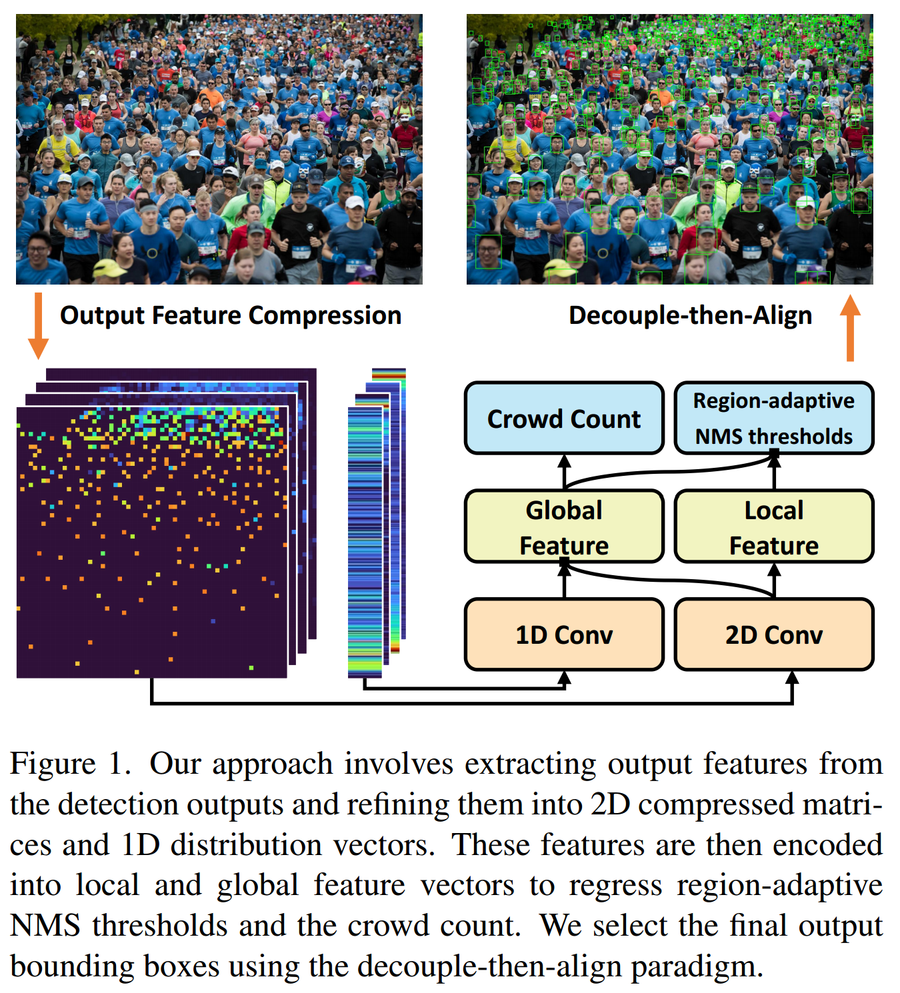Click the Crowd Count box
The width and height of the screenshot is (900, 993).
click(564, 419)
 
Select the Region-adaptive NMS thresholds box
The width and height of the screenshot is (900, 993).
click(773, 419)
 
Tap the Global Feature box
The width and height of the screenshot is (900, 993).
click(564, 527)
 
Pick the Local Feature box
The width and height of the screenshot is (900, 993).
click(773, 527)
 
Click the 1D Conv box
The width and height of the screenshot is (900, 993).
click(564, 634)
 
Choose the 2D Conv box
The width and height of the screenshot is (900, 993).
click(773, 634)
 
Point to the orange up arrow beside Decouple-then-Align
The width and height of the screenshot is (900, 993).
click(850, 328)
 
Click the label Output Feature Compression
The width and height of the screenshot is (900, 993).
click(231, 315)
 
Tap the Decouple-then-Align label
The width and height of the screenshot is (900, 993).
click(690, 315)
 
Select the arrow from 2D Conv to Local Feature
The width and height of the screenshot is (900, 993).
click(774, 580)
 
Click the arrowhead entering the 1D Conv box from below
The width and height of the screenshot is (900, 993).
click(564, 678)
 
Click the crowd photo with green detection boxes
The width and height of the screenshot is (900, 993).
click(669, 149)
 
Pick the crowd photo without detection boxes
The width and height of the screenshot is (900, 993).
click(219, 149)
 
